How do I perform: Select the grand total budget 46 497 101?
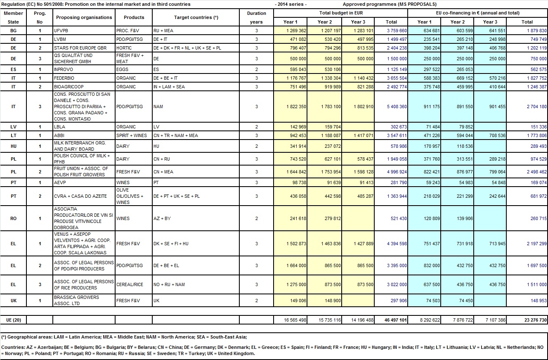[x=396, y=320]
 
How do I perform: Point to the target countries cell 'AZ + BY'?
[x=162, y=218]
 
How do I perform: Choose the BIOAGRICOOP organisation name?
[x=68, y=87]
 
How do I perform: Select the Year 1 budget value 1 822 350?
[x=296, y=107]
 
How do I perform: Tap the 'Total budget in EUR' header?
[x=340, y=13]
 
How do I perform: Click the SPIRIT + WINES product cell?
[x=131, y=135]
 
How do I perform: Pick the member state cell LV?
[x=14, y=127]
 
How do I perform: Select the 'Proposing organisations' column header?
[x=84, y=17]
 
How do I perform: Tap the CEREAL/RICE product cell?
[x=130, y=284]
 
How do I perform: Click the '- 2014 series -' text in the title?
[x=290, y=4]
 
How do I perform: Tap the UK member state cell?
[x=14, y=301]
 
